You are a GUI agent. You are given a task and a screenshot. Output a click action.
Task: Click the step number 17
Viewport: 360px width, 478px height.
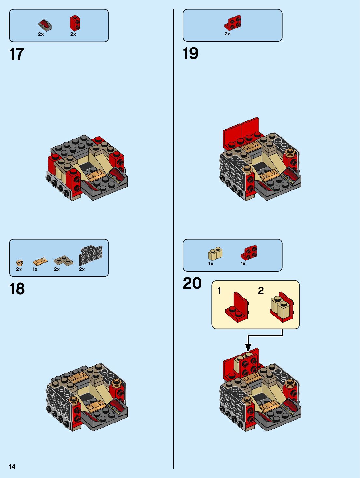click(x=17, y=54)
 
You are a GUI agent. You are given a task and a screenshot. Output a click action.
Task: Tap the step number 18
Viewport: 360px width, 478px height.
click(x=17, y=289)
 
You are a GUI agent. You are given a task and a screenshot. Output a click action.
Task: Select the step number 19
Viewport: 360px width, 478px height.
click(x=190, y=53)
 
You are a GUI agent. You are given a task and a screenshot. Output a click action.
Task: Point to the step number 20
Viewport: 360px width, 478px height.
click(x=192, y=283)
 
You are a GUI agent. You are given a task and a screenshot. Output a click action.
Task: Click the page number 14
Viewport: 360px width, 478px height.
click(x=12, y=467)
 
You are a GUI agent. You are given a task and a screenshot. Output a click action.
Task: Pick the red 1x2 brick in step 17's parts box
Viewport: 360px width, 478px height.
click(x=75, y=23)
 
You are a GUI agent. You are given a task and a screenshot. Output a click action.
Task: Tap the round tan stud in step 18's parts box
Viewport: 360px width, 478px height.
click(x=20, y=262)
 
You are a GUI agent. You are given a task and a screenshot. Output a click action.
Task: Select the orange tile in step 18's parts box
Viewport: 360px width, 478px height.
click(x=40, y=261)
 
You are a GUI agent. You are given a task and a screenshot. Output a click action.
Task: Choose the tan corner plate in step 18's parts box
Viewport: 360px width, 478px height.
click(x=63, y=260)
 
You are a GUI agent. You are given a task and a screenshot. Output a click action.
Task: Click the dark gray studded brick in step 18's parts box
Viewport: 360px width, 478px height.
click(x=90, y=256)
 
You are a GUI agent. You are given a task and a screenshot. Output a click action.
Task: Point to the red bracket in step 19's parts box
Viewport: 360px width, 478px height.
click(x=233, y=22)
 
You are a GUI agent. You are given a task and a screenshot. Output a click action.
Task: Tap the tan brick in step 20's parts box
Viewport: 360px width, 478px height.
click(x=215, y=254)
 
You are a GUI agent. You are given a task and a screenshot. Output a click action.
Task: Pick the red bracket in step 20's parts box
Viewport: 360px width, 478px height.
click(x=249, y=252)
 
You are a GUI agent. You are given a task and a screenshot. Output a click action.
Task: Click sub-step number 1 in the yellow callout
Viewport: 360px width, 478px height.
click(x=219, y=290)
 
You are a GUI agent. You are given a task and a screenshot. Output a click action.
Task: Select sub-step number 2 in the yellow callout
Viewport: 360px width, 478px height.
click(x=261, y=290)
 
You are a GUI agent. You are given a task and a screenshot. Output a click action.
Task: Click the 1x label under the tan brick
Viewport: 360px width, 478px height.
click(x=211, y=264)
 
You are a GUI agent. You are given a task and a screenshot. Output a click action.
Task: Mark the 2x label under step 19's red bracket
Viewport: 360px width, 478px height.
click(x=227, y=34)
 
